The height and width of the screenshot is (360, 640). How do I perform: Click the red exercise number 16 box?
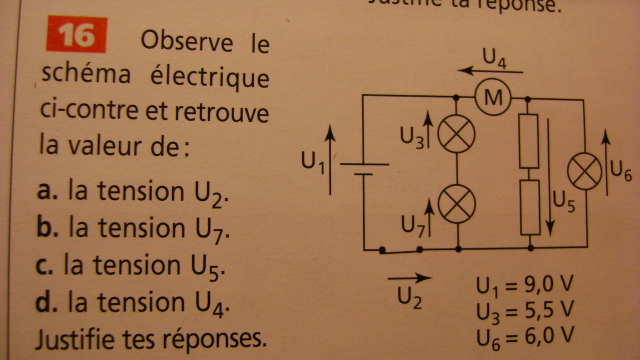click(x=76, y=34)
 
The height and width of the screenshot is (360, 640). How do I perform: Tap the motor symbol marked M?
click(x=492, y=98)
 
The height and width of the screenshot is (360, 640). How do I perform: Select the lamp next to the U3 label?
click(x=456, y=134)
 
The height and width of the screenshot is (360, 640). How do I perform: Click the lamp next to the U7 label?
click(x=456, y=204)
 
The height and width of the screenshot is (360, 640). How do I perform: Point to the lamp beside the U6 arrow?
click(x=584, y=171)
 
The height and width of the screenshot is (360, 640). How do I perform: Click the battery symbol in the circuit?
click(x=364, y=169)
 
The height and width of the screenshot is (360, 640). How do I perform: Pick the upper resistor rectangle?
click(x=528, y=141)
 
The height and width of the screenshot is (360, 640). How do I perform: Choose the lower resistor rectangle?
click(x=530, y=207)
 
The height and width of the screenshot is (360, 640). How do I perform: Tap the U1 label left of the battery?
click(x=313, y=162)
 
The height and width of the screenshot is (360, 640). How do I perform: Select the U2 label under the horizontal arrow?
click(x=409, y=297)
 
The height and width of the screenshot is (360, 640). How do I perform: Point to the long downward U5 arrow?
click(x=550, y=177)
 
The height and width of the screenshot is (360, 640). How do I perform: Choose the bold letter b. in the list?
click(x=44, y=228)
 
